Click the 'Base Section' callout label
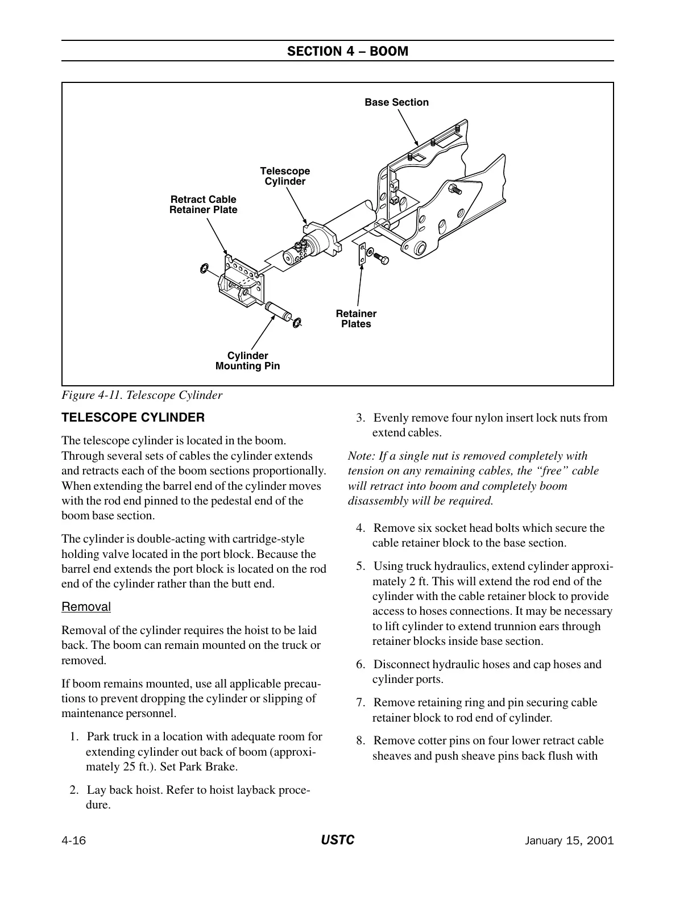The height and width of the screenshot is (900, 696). point(396,102)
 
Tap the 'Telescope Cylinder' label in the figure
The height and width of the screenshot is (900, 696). point(285,176)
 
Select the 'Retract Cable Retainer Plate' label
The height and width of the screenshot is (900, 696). point(203,205)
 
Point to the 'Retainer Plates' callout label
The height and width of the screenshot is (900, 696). point(356,319)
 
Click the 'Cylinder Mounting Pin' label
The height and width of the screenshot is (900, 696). point(247,361)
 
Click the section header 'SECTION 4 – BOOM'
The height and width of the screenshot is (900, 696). point(347,51)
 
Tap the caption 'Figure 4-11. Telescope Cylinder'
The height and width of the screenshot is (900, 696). point(142,395)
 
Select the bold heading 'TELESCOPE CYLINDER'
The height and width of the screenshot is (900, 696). point(132,418)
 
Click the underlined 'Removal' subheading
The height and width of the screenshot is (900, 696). point(86,607)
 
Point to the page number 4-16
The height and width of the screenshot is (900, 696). point(73,841)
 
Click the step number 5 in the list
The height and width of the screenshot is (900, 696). point(360,566)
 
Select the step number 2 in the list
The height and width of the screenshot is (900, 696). point(73,790)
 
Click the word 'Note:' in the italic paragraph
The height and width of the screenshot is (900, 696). point(361,456)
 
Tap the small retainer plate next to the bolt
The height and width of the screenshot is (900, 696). point(359,253)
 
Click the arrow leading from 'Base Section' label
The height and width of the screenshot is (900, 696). point(408,126)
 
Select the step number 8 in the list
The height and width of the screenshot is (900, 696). point(360,741)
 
